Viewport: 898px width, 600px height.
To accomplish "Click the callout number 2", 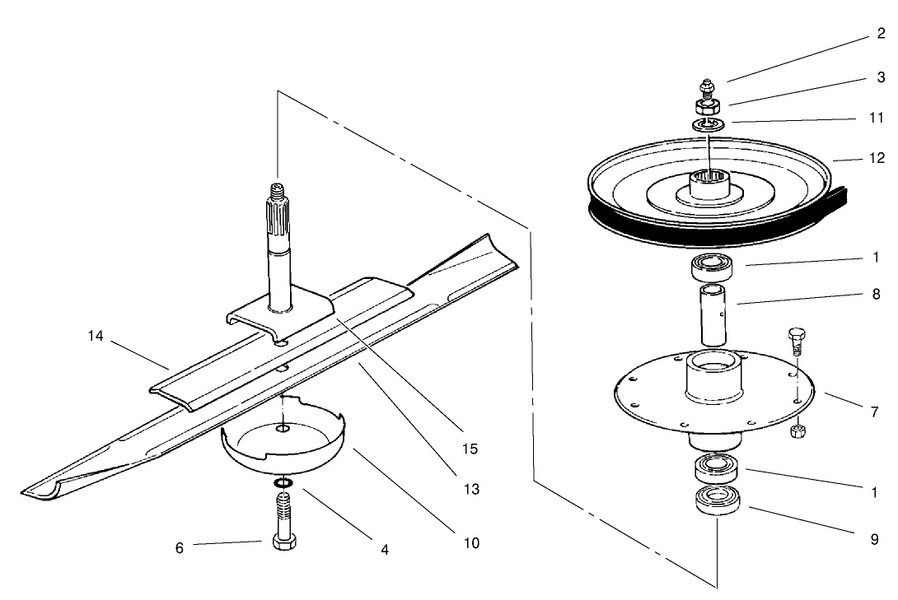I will [x=881, y=35].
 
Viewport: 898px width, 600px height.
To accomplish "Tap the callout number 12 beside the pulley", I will [x=877, y=158].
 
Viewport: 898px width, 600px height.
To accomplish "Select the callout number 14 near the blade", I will [x=96, y=336].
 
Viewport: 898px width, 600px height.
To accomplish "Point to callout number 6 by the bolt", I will [x=180, y=547].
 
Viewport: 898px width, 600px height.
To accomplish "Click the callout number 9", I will [x=874, y=540].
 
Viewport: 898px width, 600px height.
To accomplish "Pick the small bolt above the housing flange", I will [x=795, y=337].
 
